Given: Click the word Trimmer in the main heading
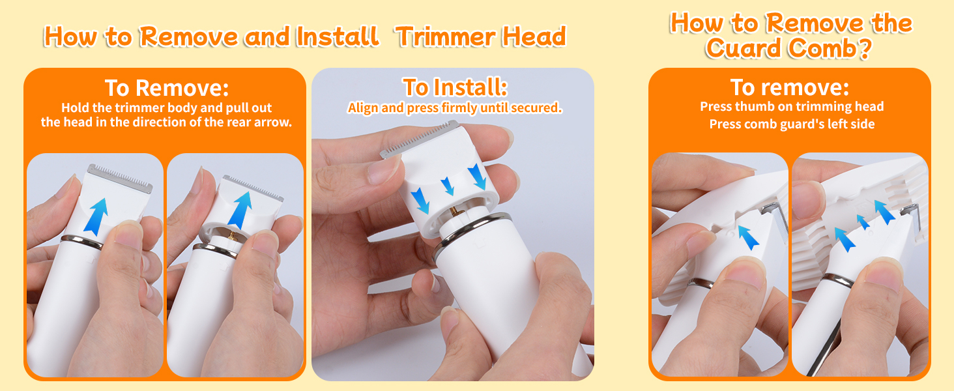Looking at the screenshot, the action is (x=446, y=36).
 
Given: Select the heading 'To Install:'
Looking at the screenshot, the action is (x=455, y=87).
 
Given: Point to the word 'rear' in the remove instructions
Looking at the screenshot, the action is (x=242, y=123).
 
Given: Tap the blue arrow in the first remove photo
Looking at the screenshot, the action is (x=96, y=216).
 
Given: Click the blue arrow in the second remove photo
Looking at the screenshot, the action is (x=240, y=210).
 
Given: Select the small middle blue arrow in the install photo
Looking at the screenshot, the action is (x=448, y=186).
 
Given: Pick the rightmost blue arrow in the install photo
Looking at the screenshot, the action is (x=478, y=177).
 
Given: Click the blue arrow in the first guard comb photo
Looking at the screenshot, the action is (x=748, y=237).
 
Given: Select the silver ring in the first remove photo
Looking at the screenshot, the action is (x=81, y=242).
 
